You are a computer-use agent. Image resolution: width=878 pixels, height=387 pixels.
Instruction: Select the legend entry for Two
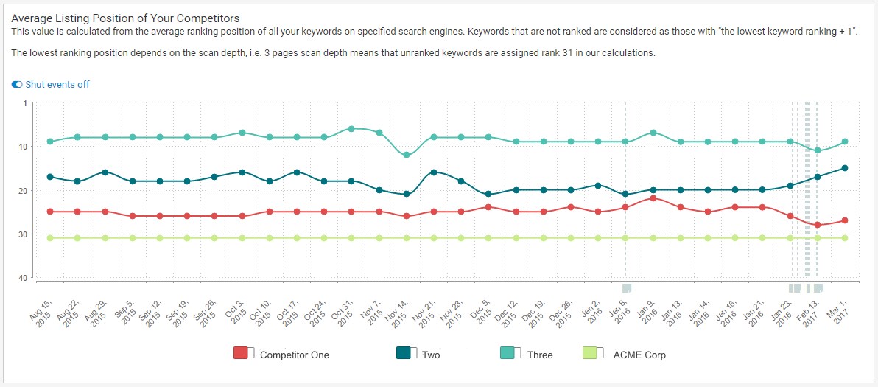[x=418, y=355]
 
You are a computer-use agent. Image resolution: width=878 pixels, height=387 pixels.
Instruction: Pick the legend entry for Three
[x=526, y=355]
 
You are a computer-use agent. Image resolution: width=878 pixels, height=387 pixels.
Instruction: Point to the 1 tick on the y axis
[x=24, y=103]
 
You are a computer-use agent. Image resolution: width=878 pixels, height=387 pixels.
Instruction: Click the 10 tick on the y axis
[x=22, y=147]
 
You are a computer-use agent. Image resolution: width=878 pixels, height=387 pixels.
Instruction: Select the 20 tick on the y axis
[x=22, y=191]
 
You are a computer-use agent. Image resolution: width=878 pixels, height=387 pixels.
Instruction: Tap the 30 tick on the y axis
[x=22, y=234]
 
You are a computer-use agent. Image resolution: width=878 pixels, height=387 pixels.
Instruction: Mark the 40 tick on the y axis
[x=22, y=278]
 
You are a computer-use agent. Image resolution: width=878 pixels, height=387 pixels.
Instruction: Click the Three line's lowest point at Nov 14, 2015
[x=407, y=155]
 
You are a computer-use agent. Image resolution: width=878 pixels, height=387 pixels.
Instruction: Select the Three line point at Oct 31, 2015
[x=351, y=128]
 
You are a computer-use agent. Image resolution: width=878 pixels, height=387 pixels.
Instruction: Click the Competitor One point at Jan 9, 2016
[x=653, y=198]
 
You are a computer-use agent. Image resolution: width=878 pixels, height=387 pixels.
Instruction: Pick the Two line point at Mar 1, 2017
[x=845, y=168]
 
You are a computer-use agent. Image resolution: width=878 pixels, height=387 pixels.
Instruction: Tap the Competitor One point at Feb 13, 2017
[x=818, y=225]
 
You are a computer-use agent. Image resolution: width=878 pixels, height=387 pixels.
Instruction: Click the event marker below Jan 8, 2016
[x=627, y=288]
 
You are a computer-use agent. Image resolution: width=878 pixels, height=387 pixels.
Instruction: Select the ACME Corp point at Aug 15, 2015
[x=50, y=238]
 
